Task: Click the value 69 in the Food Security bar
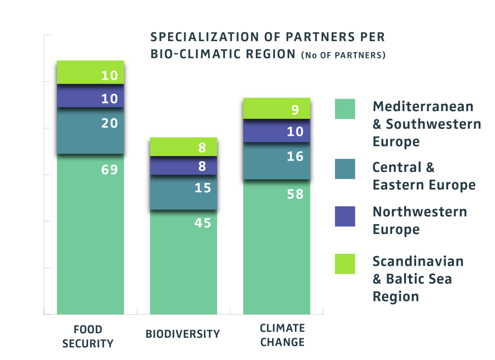(110, 170)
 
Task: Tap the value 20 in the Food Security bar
(110, 123)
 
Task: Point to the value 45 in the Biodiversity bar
(203, 223)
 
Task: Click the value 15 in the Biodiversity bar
(203, 187)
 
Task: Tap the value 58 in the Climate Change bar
(295, 194)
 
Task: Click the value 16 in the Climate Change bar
(295, 157)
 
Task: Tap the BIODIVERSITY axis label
(183, 334)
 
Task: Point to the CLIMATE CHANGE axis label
(282, 335)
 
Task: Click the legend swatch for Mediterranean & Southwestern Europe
(345, 109)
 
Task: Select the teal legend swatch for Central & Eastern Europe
(345, 169)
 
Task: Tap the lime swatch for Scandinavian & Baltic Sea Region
(345, 264)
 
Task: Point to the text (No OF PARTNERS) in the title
(343, 56)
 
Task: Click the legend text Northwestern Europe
(419, 220)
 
